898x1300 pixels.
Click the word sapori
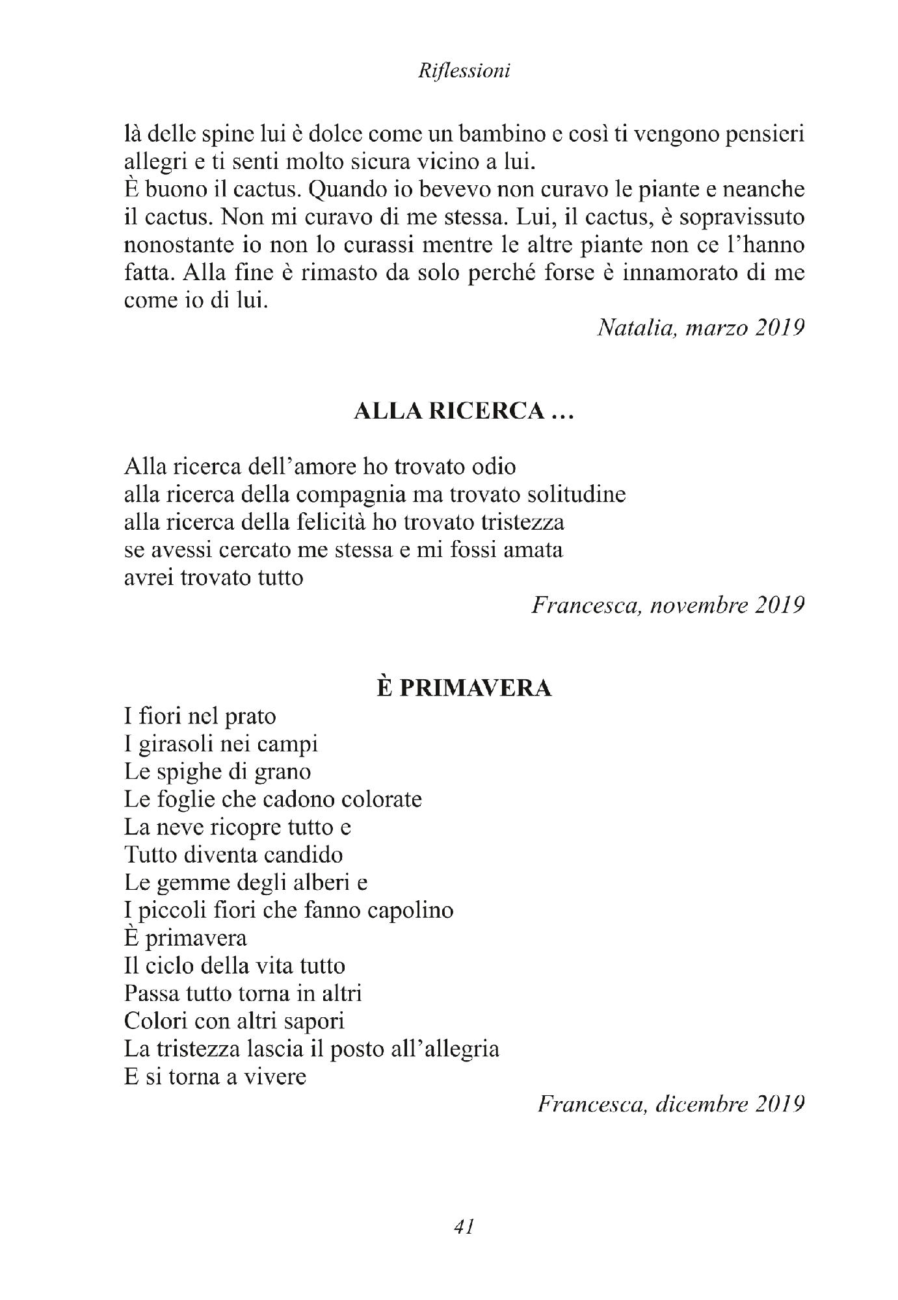tap(315, 1021)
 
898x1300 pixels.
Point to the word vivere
tap(274, 1077)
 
